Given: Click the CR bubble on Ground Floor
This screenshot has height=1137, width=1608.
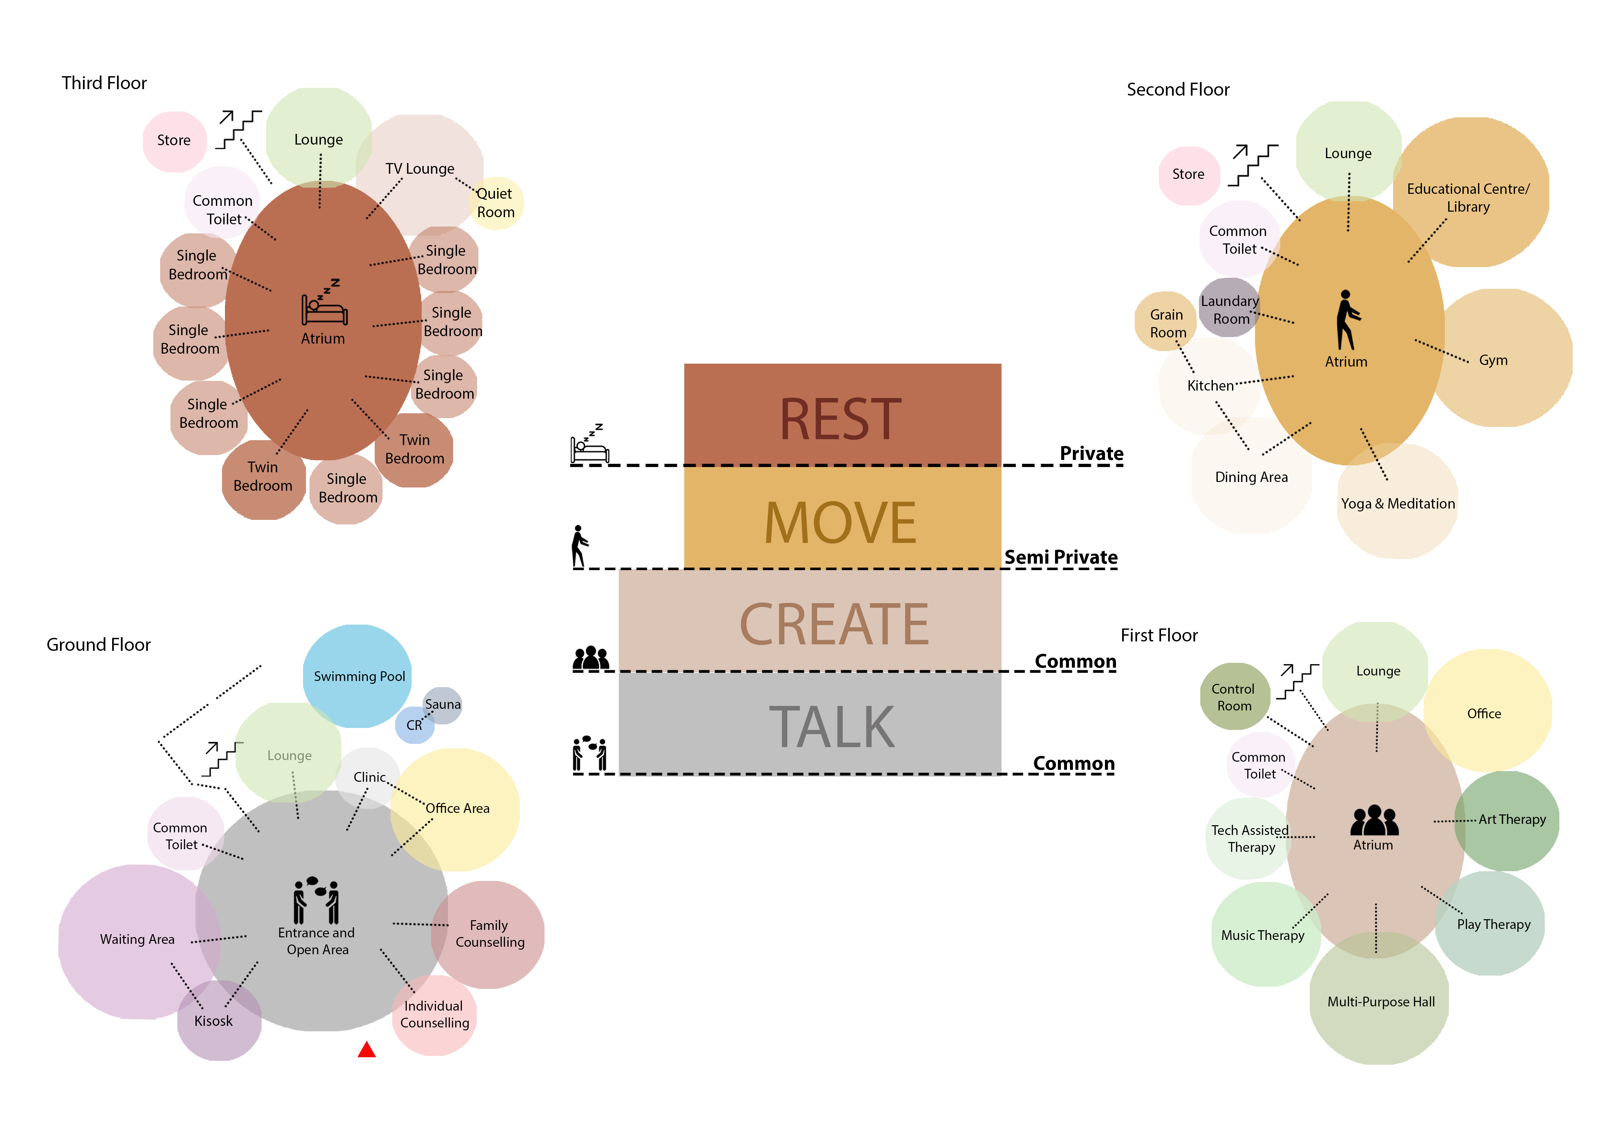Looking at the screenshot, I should pyautogui.click(x=415, y=725).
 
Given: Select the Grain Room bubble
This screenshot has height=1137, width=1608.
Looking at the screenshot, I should pyautogui.click(x=1166, y=323).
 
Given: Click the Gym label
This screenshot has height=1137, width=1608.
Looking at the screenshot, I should pyautogui.click(x=1493, y=360).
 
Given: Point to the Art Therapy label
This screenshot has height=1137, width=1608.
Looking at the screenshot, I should pyautogui.click(x=1512, y=819).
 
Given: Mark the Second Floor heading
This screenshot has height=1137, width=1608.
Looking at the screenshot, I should pyautogui.click(x=1178, y=89).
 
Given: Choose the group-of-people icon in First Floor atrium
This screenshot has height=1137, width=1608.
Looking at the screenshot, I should pyautogui.click(x=1374, y=821).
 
